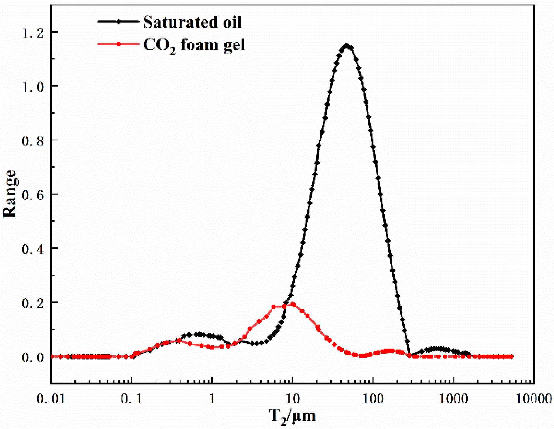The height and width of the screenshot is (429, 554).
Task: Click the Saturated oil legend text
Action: (192, 22)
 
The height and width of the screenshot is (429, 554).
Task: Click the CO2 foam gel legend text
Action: (194, 45)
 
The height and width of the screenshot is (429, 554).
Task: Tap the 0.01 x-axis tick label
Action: (51, 399)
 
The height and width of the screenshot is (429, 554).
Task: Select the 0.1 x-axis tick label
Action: (132, 399)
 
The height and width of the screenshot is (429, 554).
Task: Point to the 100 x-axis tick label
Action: (373, 399)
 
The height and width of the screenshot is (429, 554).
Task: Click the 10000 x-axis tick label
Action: (534, 399)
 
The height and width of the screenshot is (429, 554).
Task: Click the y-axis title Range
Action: (10, 194)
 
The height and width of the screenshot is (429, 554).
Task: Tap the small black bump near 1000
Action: (437, 349)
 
